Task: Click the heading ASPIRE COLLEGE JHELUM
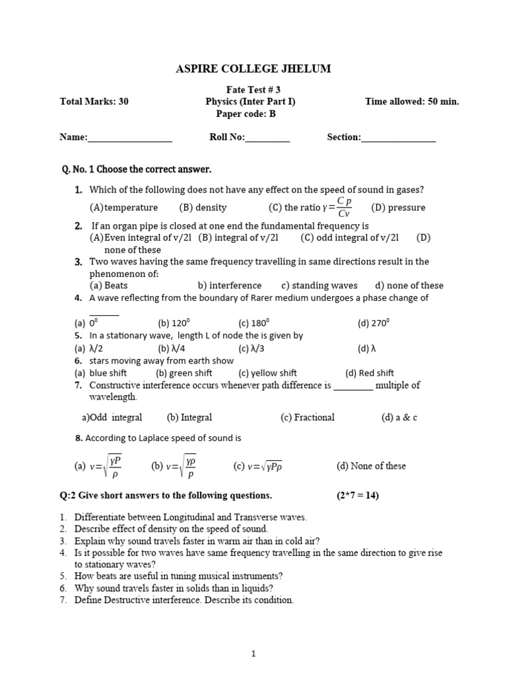[x=253, y=69]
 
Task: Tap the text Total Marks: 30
[x=94, y=102]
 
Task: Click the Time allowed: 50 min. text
[x=412, y=102]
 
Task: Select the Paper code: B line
[x=246, y=114]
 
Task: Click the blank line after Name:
[x=130, y=138]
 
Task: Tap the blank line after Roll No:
[x=267, y=138]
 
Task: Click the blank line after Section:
[x=399, y=138]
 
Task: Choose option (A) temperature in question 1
[x=124, y=208]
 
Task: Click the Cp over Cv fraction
[x=344, y=207]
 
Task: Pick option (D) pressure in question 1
[x=398, y=208]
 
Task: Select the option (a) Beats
[x=109, y=286]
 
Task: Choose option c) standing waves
[x=320, y=286]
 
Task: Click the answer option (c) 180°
[x=254, y=323]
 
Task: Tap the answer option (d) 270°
[x=374, y=323]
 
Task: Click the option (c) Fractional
[x=307, y=417]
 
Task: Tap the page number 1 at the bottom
[x=253, y=655]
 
